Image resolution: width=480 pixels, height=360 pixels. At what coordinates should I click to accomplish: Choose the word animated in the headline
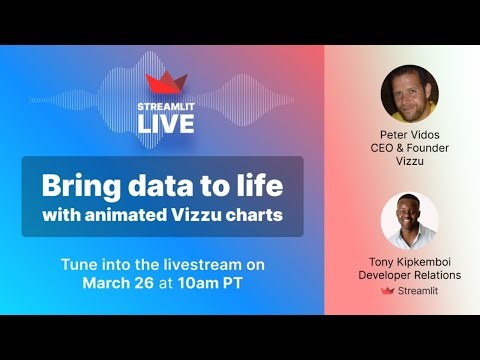click(x=137, y=214)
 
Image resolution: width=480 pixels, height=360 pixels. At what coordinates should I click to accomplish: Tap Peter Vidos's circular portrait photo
click(x=409, y=94)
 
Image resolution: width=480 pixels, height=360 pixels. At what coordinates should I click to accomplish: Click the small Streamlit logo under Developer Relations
click(x=388, y=291)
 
